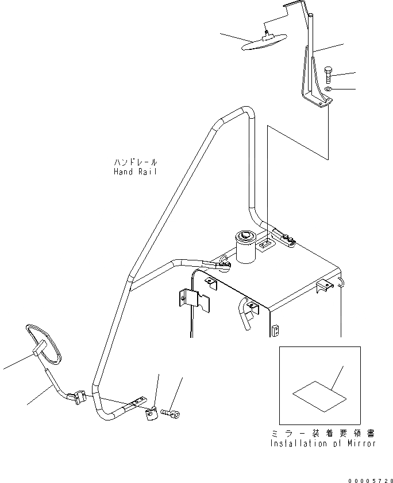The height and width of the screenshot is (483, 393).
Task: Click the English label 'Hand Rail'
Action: click(135, 172)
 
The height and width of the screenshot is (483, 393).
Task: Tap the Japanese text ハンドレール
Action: click(135, 163)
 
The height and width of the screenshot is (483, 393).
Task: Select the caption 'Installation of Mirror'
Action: click(323, 443)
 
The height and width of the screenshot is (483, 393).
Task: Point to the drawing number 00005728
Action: click(369, 479)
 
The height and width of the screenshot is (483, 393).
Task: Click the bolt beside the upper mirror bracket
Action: click(328, 74)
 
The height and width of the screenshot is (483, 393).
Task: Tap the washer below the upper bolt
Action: click(327, 89)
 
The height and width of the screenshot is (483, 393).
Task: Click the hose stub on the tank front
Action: click(250, 316)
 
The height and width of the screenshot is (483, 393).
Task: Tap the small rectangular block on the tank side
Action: click(275, 330)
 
